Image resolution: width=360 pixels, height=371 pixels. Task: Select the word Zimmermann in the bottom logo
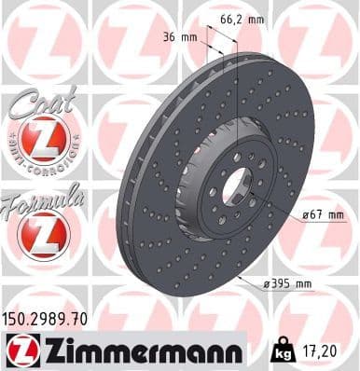136,350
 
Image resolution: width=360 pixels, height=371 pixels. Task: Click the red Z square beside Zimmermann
17,350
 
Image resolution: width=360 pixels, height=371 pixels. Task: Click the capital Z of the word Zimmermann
43,350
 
